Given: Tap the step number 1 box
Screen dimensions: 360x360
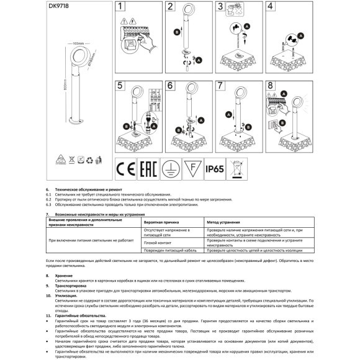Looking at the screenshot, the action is point(121,7).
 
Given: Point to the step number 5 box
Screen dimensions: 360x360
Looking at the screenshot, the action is point(121,86).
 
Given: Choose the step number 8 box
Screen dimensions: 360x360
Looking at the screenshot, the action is point(270,86).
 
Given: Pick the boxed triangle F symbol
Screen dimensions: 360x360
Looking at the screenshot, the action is point(191,168).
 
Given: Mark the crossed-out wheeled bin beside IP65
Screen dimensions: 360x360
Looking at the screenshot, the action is point(237,168).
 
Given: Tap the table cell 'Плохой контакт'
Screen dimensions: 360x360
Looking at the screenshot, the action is point(156,243).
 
